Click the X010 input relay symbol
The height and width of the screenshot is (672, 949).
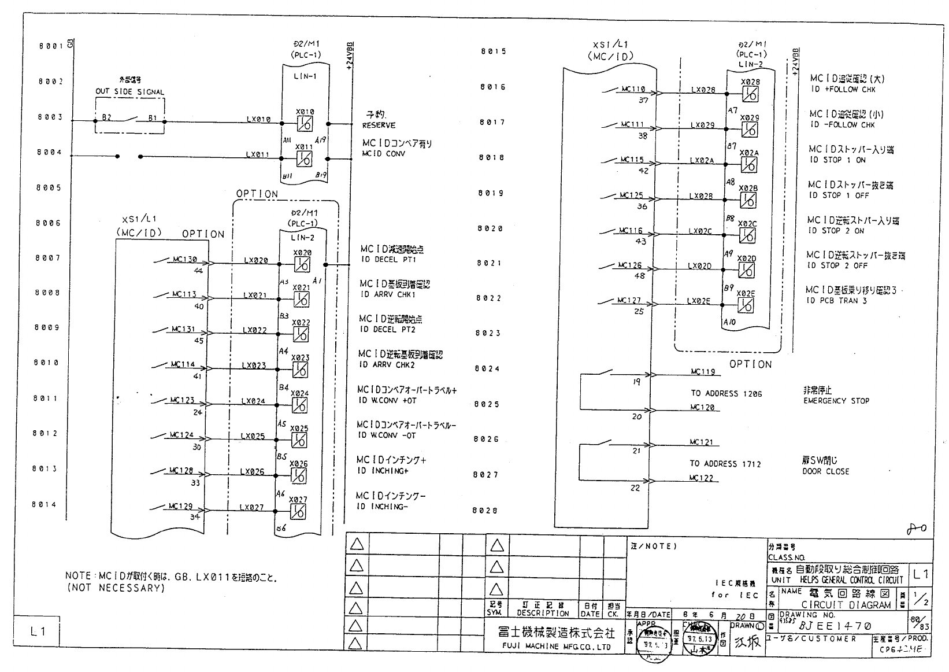click(305, 123)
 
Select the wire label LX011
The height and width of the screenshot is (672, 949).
click(258, 154)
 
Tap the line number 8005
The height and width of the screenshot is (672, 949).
click(50, 188)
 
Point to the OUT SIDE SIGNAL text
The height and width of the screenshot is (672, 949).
click(129, 92)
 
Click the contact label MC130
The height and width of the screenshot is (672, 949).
click(185, 260)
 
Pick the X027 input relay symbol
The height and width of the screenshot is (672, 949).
click(298, 511)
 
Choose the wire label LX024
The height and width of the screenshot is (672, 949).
click(253, 401)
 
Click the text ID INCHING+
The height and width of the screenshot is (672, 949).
click(383, 471)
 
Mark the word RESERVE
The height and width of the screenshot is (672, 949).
click(379, 125)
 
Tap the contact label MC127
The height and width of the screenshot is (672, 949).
click(629, 300)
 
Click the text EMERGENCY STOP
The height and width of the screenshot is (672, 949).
click(836, 401)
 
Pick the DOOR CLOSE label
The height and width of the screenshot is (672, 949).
click(825, 471)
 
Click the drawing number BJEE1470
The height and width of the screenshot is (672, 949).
click(835, 626)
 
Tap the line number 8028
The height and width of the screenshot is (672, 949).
click(485, 511)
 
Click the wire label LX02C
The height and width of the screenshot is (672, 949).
click(700, 231)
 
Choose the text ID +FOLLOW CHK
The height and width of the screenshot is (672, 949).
click(843, 90)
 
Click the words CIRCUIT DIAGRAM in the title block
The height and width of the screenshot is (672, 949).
click(846, 605)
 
